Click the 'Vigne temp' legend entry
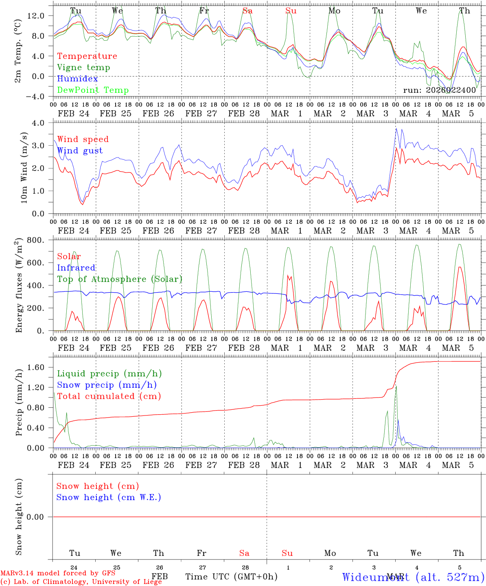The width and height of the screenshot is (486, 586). coord(83,68)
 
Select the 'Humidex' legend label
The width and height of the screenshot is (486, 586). coord(77,79)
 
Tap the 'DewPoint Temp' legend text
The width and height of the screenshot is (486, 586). coord(93,90)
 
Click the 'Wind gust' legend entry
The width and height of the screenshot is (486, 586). coord(80,151)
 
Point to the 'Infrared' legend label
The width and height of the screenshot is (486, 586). coord(76,268)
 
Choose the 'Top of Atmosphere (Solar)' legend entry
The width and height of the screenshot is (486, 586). coord(120,279)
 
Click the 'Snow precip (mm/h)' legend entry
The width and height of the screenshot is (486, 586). coord(107,385)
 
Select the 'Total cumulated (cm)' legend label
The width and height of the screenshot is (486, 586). coord(109,396)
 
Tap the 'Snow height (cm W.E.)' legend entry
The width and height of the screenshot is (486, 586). coord(109,497)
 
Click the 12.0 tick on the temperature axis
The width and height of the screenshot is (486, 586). coord(36,15)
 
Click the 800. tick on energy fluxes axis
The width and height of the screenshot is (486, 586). coord(36,240)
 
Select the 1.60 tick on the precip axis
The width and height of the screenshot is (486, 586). coord(36,367)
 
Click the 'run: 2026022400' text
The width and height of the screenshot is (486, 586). coord(440,90)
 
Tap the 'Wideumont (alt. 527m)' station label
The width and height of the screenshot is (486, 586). coord(413,577)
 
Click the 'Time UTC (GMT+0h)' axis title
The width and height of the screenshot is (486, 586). coord(232,577)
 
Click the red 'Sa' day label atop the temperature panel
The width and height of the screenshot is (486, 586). coord(247,11)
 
